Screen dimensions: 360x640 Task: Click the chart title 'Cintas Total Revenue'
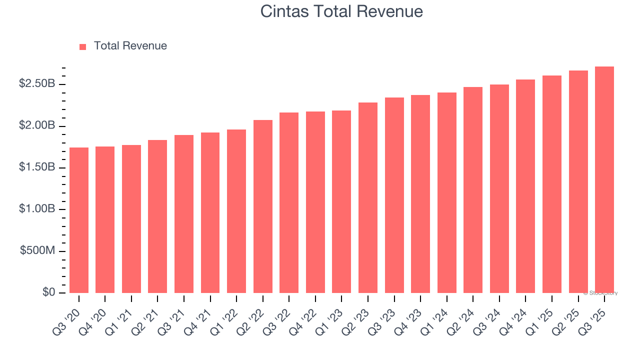[341, 11]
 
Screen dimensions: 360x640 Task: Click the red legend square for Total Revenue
[83, 46]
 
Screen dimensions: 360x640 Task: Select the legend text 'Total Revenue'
[130, 46]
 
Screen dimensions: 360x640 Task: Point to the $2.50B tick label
[37, 84]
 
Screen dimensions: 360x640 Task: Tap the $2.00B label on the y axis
[37, 125]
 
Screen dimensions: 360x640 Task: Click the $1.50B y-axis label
[37, 167]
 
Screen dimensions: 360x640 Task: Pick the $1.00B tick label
[37, 209]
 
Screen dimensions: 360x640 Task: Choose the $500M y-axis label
[37, 250]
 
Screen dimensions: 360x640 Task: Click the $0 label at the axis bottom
[48, 292]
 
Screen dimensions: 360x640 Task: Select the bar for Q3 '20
[79, 220]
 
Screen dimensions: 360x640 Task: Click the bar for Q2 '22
[263, 206]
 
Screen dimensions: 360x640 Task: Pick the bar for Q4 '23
[420, 193]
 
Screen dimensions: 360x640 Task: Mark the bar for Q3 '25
[604, 179]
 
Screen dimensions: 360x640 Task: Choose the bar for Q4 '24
[525, 186]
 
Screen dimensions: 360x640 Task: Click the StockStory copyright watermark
[600, 293]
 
